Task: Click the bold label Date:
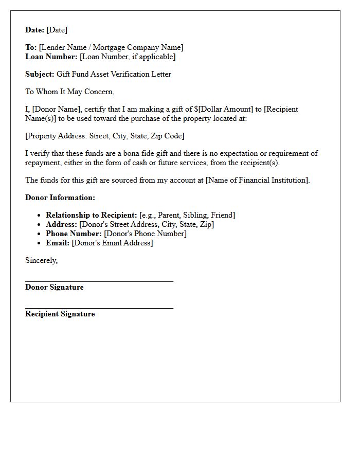[x=35, y=30]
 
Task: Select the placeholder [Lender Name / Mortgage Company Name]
[x=111, y=47]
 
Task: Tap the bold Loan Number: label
[x=51, y=57]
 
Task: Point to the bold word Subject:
[x=40, y=74]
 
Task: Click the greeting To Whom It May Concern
[x=69, y=92]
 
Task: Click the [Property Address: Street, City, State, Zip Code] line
[x=105, y=136]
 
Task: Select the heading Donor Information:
[x=60, y=198]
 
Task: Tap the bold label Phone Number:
[x=74, y=234]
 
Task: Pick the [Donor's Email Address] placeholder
[x=112, y=243]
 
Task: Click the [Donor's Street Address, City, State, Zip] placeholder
[x=147, y=224]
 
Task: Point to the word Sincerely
[x=41, y=260]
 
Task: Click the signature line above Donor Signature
[x=99, y=281]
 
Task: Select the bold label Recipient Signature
[x=60, y=314]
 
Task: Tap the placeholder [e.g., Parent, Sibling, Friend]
[x=187, y=215]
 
